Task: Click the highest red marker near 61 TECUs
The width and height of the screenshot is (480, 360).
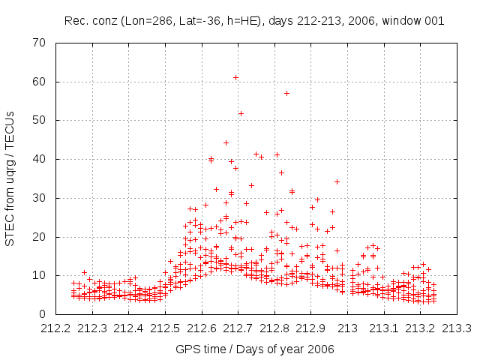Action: coord(235,77)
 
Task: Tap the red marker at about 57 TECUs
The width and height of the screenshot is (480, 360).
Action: coord(286,93)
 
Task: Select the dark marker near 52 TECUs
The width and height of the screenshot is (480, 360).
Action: coord(241,113)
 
